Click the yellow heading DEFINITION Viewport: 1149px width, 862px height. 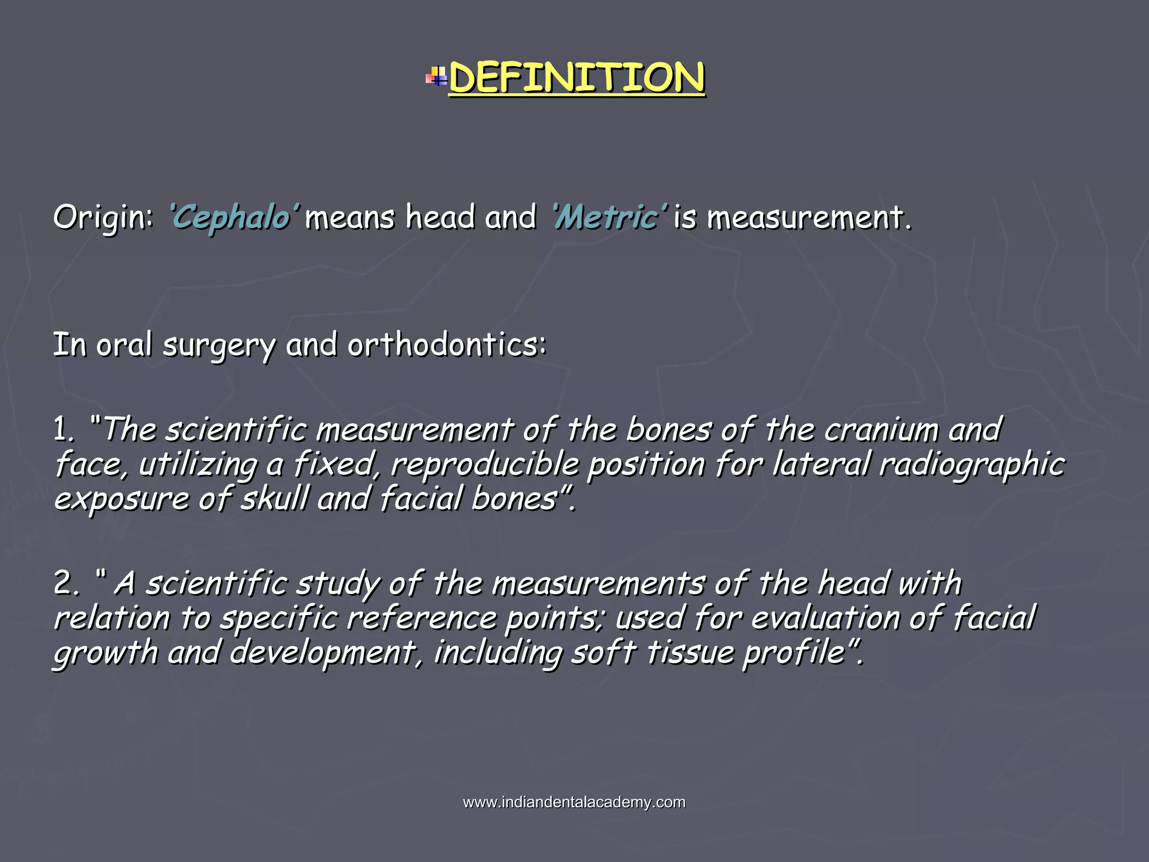tap(577, 79)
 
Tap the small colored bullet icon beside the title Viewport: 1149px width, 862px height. tap(436, 77)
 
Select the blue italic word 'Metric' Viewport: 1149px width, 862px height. tap(609, 218)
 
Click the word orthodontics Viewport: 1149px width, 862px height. tap(446, 345)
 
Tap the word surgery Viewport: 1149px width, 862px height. tap(219, 346)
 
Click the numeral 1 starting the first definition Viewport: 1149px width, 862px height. tap(63, 430)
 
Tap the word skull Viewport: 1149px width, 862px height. tap(274, 499)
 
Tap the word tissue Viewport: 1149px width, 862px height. tap(690, 653)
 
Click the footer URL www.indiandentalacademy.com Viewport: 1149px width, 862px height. tap(574, 803)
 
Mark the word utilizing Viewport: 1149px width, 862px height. tap(197, 466)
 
